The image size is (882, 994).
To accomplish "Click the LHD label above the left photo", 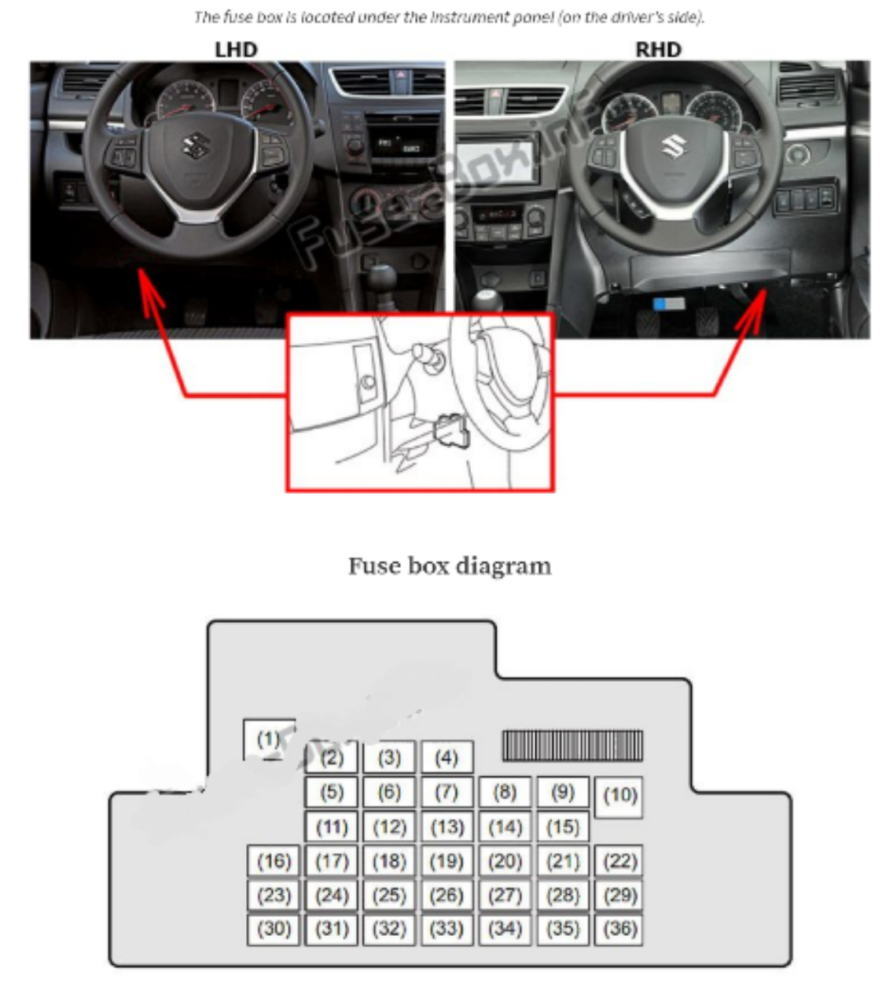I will click(x=236, y=50).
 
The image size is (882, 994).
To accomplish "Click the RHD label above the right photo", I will click(x=657, y=50).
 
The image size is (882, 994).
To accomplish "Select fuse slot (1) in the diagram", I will click(x=269, y=739).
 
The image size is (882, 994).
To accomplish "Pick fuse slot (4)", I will click(x=447, y=758).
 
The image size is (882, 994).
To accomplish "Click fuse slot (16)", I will click(x=274, y=861).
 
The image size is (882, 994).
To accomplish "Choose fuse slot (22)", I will click(x=619, y=861).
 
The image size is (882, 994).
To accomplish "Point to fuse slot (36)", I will click(x=619, y=929).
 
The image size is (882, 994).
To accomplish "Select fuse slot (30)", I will click(x=274, y=929).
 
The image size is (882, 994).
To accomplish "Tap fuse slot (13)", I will click(x=447, y=827).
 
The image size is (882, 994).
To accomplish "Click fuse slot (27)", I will click(x=505, y=895).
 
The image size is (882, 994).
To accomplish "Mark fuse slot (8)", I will click(x=505, y=792).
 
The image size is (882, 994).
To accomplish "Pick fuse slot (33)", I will click(x=447, y=929).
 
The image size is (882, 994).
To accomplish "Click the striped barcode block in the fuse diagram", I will click(x=572, y=745).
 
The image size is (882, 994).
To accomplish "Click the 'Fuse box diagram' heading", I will click(x=450, y=566).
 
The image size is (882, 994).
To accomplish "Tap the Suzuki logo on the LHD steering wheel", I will click(x=193, y=145).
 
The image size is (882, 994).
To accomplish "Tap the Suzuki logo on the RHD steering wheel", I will click(x=673, y=145).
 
